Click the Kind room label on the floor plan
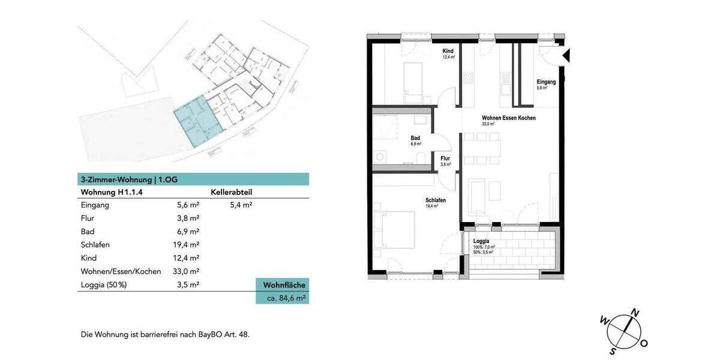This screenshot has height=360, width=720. point(448,51)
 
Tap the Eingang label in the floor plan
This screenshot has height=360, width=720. point(545,82)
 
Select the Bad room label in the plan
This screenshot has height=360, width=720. point(415,137)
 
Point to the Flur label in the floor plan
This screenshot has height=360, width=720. point(445,158)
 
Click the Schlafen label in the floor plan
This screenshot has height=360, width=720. point(435,200)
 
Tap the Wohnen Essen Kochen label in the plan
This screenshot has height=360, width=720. point(508,118)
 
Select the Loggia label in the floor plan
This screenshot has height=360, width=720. point(481,241)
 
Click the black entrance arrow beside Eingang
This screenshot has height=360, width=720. point(566,56)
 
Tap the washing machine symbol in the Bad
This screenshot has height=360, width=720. point(380,157)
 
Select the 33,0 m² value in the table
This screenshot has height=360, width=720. point(185,271)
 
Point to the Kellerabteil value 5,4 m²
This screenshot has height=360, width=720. point(241,205)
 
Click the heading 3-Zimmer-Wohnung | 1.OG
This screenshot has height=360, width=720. point(129,179)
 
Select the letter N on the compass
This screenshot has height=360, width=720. point(635,312)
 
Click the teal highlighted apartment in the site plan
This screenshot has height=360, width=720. point(196,122)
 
